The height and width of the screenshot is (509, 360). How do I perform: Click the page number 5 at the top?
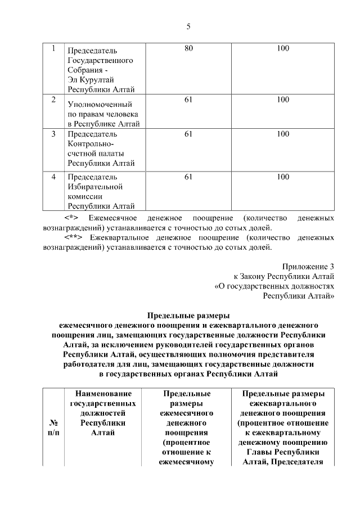tap(188, 26)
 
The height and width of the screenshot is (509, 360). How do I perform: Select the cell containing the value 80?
tap(188, 49)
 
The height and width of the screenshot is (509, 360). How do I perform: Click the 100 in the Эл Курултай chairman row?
tap(283, 49)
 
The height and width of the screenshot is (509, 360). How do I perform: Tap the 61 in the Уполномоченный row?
tap(188, 100)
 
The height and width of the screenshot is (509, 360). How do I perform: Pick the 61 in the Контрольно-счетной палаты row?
tap(188, 134)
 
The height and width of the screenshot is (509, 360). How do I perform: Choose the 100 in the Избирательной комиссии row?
tap(283, 177)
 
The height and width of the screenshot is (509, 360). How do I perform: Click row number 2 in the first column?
tap(53, 100)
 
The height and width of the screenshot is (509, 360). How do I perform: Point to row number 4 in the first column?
tap(53, 177)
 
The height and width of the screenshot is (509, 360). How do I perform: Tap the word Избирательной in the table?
tap(95, 187)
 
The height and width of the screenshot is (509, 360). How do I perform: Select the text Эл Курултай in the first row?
tap(91, 80)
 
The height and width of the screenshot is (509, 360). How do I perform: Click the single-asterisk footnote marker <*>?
tap(71, 218)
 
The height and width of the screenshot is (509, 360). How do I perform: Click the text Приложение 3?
tap(308, 267)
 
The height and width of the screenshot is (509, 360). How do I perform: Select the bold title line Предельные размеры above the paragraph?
tap(189, 315)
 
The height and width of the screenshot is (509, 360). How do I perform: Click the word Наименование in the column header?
tap(103, 394)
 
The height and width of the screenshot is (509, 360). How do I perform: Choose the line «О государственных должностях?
tap(275, 286)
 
